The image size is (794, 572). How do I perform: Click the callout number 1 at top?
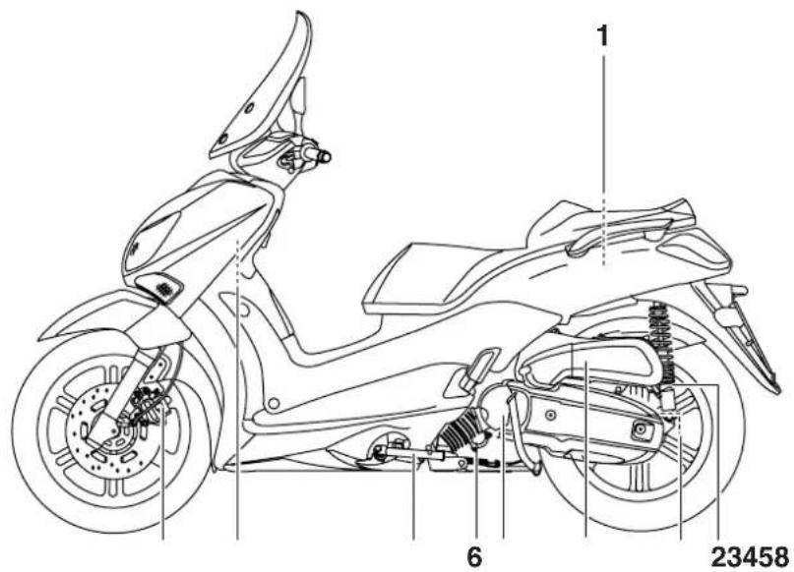click(x=602, y=36)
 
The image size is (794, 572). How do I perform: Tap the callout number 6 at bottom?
click(x=474, y=557)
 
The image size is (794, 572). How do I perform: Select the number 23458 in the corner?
click(x=751, y=557)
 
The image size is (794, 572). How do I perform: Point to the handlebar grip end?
click(x=324, y=157)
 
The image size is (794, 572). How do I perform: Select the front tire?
click(x=31, y=435)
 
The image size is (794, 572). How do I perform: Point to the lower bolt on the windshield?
click(x=222, y=139)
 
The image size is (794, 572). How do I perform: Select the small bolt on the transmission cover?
click(x=551, y=415)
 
